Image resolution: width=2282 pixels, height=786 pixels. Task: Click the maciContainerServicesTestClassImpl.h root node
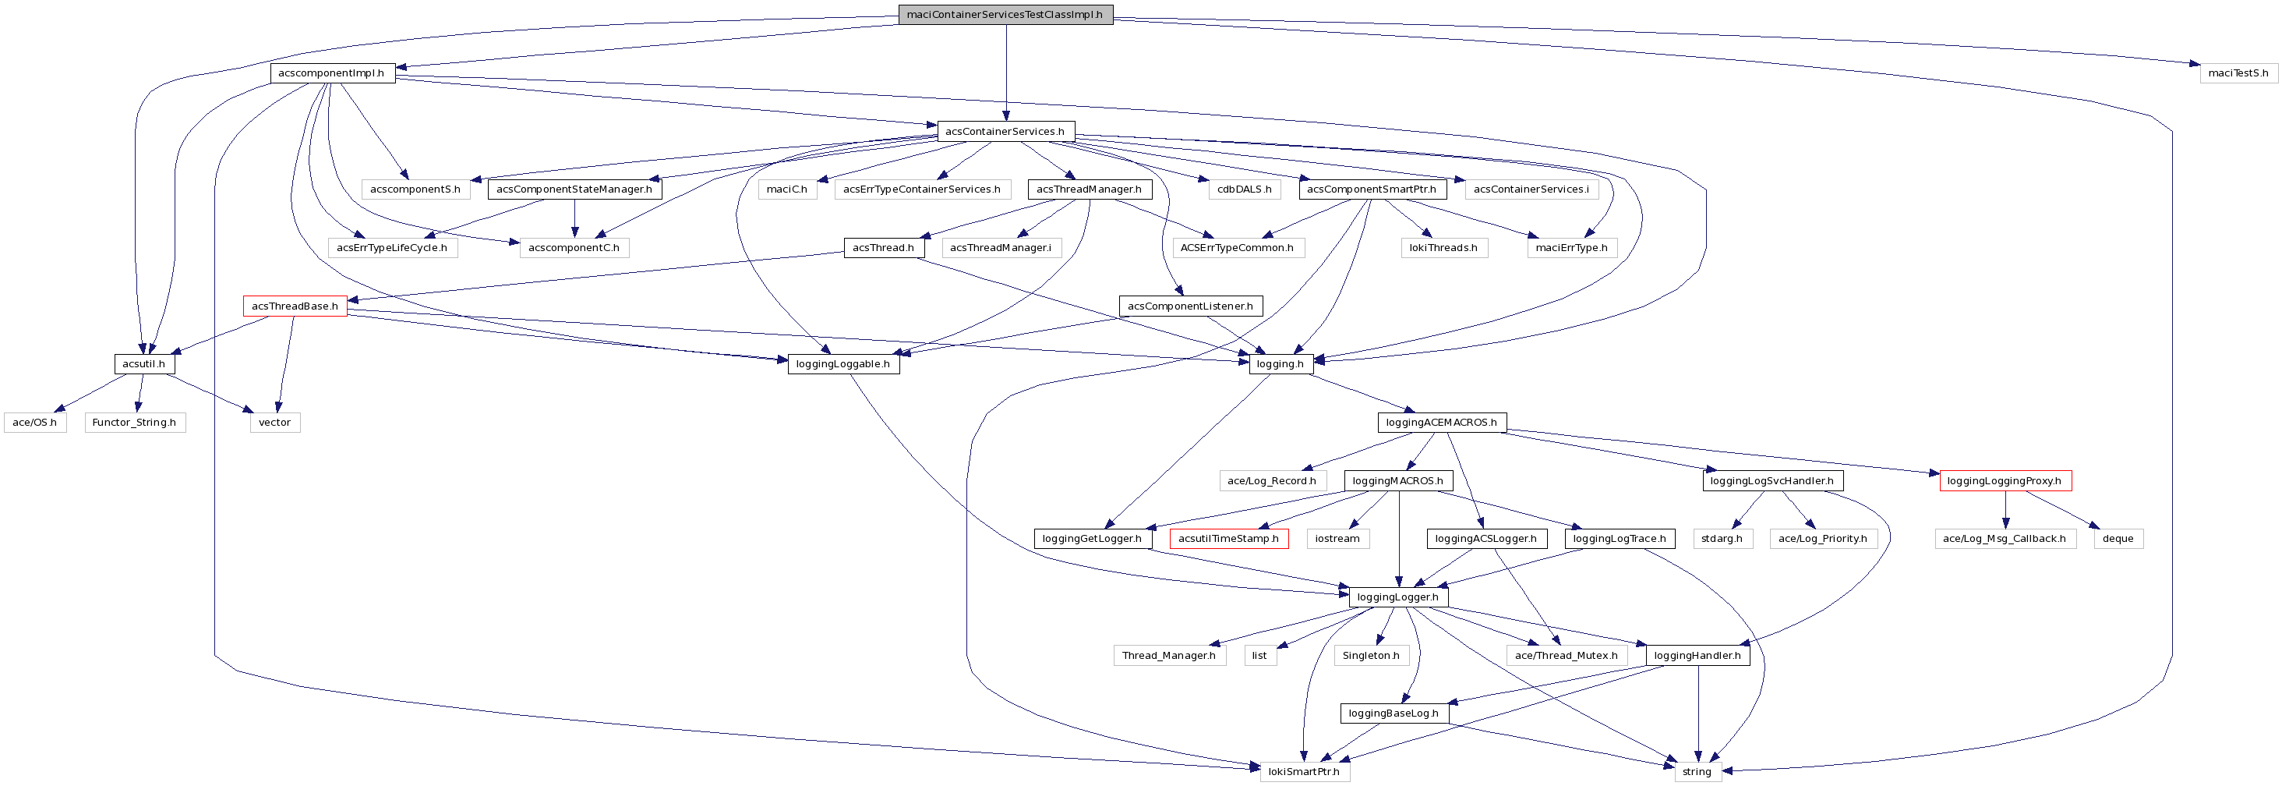pyautogui.click(x=1005, y=14)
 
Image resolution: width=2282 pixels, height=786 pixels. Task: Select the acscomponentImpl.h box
pyautogui.click(x=332, y=73)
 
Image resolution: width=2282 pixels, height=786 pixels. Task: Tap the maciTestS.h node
pyautogui.click(x=2238, y=73)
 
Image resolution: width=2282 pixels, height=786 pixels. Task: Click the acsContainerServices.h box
pyautogui.click(x=1005, y=131)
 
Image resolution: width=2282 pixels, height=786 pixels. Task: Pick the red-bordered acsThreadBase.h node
pyautogui.click(x=295, y=306)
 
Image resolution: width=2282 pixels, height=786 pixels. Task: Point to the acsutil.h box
pyautogui.click(x=143, y=363)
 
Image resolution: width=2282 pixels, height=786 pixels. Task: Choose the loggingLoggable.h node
pyautogui.click(x=843, y=363)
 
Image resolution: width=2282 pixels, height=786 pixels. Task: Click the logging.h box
pyautogui.click(x=1280, y=363)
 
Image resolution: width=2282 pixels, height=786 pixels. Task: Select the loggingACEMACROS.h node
pyautogui.click(x=1441, y=422)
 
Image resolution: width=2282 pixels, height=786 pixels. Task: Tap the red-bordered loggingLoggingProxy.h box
pyautogui.click(x=2005, y=480)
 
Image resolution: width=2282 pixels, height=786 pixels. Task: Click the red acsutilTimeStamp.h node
pyautogui.click(x=1228, y=538)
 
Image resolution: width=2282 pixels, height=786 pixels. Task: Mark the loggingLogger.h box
pyautogui.click(x=1398, y=597)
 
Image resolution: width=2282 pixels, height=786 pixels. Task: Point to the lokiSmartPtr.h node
pyautogui.click(x=1304, y=771)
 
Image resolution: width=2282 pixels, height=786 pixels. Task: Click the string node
pyautogui.click(x=1697, y=771)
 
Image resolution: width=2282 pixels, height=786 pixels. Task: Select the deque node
pyautogui.click(x=2118, y=538)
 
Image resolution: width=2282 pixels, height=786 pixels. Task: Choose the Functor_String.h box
pyautogui.click(x=135, y=422)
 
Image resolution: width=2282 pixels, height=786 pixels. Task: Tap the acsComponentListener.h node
pyautogui.click(x=1190, y=306)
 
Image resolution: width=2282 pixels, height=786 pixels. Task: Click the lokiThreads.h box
pyautogui.click(x=1443, y=247)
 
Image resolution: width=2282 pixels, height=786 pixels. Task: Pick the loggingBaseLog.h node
pyautogui.click(x=1394, y=713)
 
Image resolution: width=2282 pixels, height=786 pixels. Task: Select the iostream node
pyautogui.click(x=1337, y=538)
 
